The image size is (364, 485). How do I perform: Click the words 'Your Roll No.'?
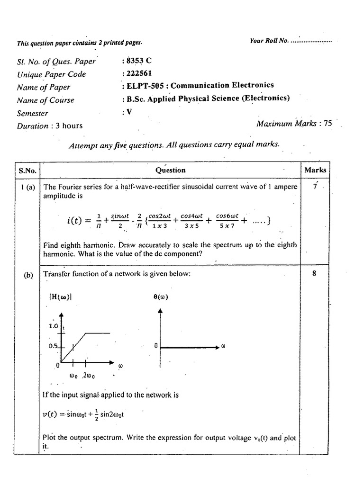pos(269,41)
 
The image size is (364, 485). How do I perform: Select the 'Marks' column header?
pos(315,170)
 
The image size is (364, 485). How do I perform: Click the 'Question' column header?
pos(170,170)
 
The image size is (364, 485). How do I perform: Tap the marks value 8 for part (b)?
pos(314,273)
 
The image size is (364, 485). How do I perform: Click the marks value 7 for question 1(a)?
pos(315,187)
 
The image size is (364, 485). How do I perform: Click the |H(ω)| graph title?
pos(60,297)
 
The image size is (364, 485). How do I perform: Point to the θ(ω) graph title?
pos(161,297)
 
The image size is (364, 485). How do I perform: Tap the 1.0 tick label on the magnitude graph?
pos(53,326)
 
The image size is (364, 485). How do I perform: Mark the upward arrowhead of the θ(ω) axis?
pos(160,311)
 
